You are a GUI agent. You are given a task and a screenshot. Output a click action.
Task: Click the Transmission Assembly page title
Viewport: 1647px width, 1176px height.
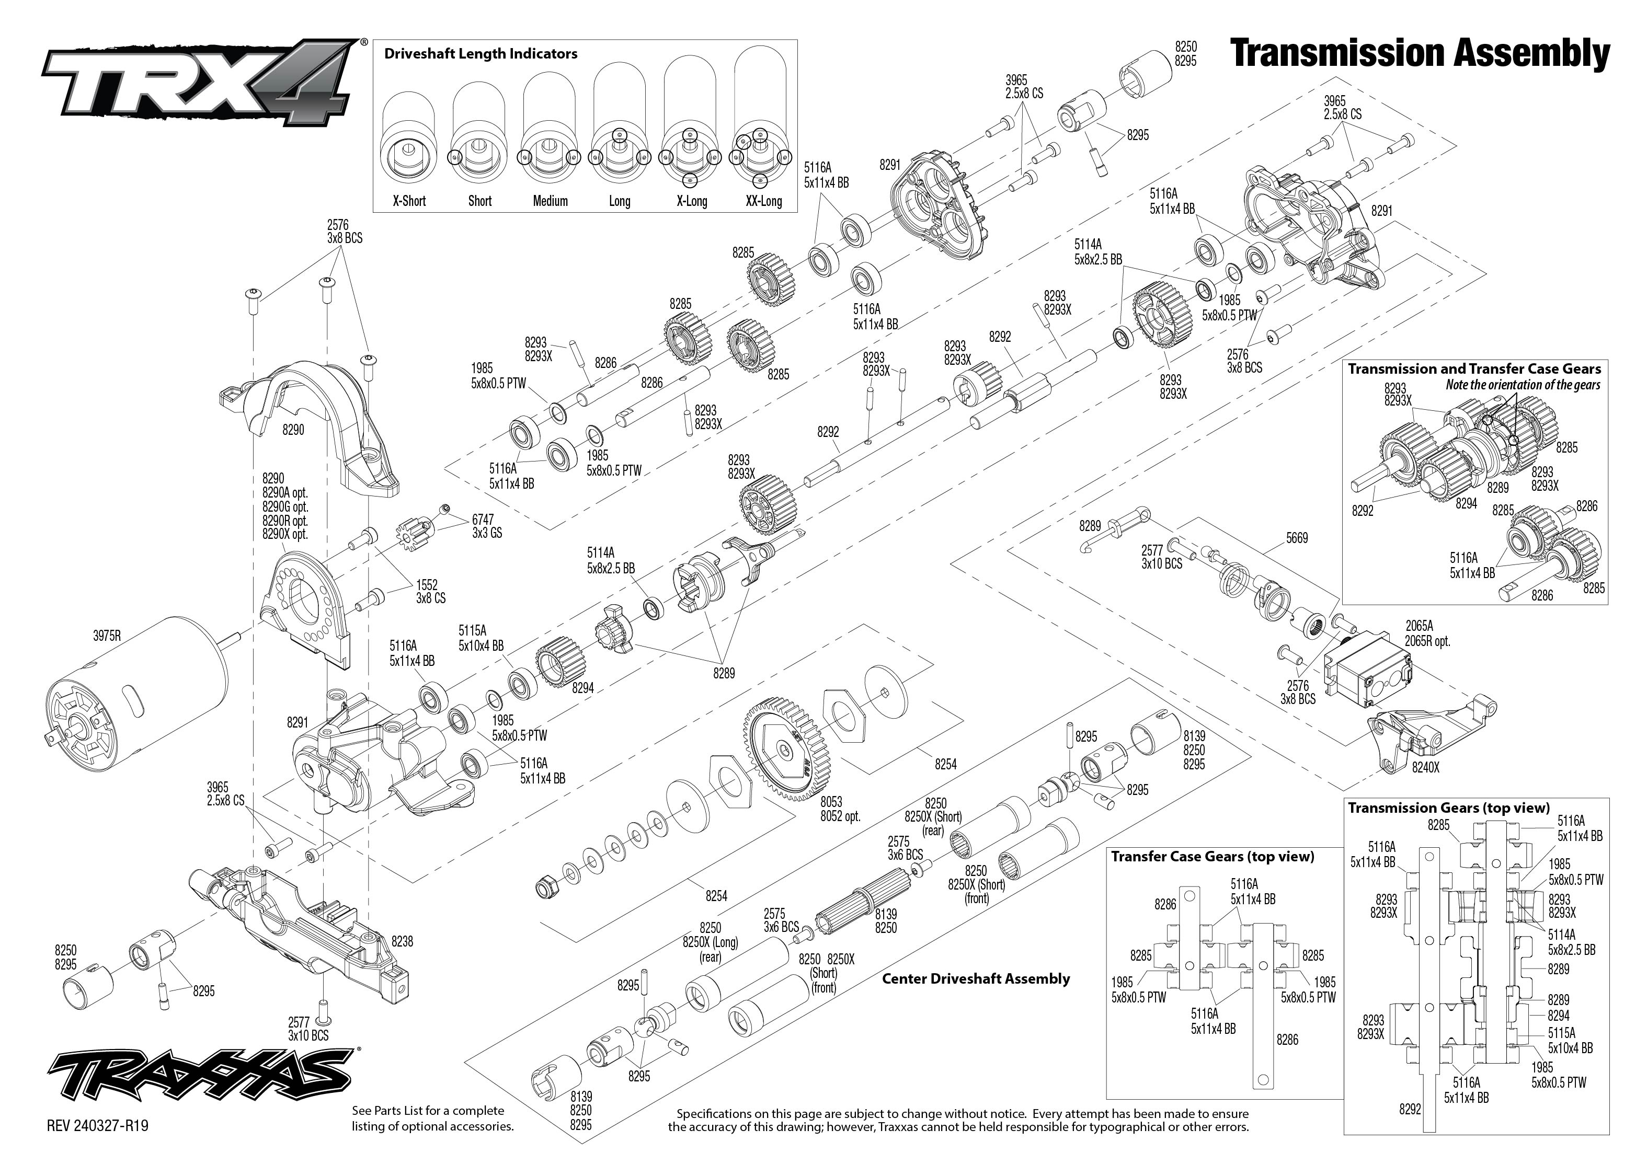1420,54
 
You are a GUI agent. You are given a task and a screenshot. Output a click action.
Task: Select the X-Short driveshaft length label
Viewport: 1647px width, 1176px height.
409,201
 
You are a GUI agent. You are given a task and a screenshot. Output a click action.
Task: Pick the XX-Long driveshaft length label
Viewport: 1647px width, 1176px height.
763,201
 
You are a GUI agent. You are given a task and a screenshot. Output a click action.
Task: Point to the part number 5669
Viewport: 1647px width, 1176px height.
1297,538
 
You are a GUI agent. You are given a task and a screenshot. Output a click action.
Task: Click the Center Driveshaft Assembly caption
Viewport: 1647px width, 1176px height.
975,978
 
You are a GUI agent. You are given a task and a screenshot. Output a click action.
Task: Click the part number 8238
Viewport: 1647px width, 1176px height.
402,941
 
